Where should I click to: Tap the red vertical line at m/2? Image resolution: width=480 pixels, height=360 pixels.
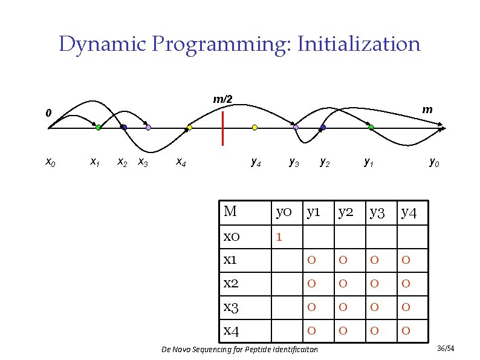point(223,128)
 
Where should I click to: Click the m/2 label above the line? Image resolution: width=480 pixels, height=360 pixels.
point(222,99)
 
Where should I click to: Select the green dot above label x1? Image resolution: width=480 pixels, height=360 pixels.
point(97,128)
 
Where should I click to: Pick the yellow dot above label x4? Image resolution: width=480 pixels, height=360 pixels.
point(189,128)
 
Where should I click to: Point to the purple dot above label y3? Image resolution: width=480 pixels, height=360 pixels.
point(296,128)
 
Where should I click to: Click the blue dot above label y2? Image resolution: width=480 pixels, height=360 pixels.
point(323,128)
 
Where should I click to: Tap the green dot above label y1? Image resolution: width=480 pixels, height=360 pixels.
point(371,128)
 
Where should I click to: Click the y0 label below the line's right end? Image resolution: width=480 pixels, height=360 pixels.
point(434,162)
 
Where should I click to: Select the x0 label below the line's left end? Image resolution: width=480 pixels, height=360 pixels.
point(51,162)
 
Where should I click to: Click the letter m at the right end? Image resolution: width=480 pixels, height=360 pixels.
point(427,109)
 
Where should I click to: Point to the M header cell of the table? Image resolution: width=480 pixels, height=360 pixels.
point(230,212)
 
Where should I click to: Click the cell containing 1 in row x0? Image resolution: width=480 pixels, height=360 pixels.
point(279,237)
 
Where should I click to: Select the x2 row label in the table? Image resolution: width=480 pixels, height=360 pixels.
point(230,284)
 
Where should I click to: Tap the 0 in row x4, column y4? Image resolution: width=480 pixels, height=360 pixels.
point(406,331)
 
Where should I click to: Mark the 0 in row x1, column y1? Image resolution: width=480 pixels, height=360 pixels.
point(311,260)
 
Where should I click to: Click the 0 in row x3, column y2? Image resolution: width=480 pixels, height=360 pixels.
point(343,307)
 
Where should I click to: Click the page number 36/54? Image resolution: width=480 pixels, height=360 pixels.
point(445,349)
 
